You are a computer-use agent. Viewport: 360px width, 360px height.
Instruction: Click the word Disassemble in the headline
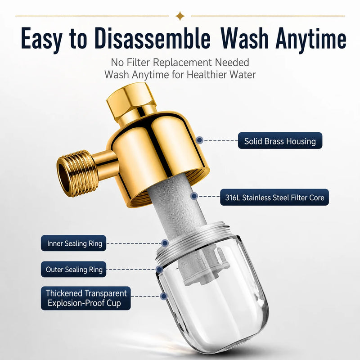click(x=153, y=38)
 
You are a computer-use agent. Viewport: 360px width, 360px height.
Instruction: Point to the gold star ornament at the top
click(x=180, y=16)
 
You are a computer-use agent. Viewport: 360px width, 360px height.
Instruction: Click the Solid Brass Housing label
click(x=280, y=140)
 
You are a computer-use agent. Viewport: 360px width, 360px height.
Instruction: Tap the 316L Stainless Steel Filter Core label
click(x=274, y=197)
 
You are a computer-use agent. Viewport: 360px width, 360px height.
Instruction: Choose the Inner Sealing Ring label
click(x=74, y=243)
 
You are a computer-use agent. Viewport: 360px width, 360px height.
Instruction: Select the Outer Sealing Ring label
click(x=74, y=269)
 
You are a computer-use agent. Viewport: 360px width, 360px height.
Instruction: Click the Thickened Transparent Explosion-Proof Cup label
click(x=86, y=298)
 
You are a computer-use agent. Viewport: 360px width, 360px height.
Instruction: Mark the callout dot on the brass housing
click(x=200, y=140)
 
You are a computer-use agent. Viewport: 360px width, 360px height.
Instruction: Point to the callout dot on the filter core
click(x=194, y=196)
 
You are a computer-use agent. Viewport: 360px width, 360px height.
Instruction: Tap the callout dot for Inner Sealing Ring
click(x=165, y=243)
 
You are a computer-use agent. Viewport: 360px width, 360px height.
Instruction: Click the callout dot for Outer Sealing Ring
click(x=159, y=269)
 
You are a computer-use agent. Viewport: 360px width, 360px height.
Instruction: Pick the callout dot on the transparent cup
click(x=163, y=296)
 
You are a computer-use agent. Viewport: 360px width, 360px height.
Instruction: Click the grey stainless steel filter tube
click(x=177, y=207)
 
